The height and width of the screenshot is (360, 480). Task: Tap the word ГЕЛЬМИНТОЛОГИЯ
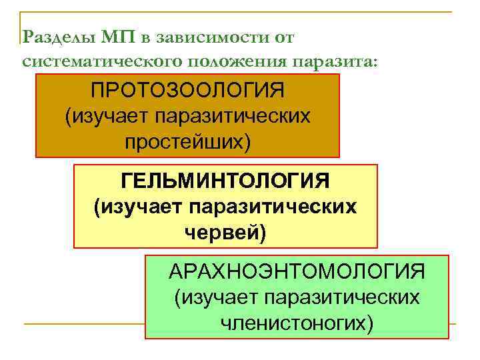(x=225, y=181)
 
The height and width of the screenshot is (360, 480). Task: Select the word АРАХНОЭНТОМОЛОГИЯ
(x=297, y=271)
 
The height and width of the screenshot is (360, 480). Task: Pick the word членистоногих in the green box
(x=297, y=323)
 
